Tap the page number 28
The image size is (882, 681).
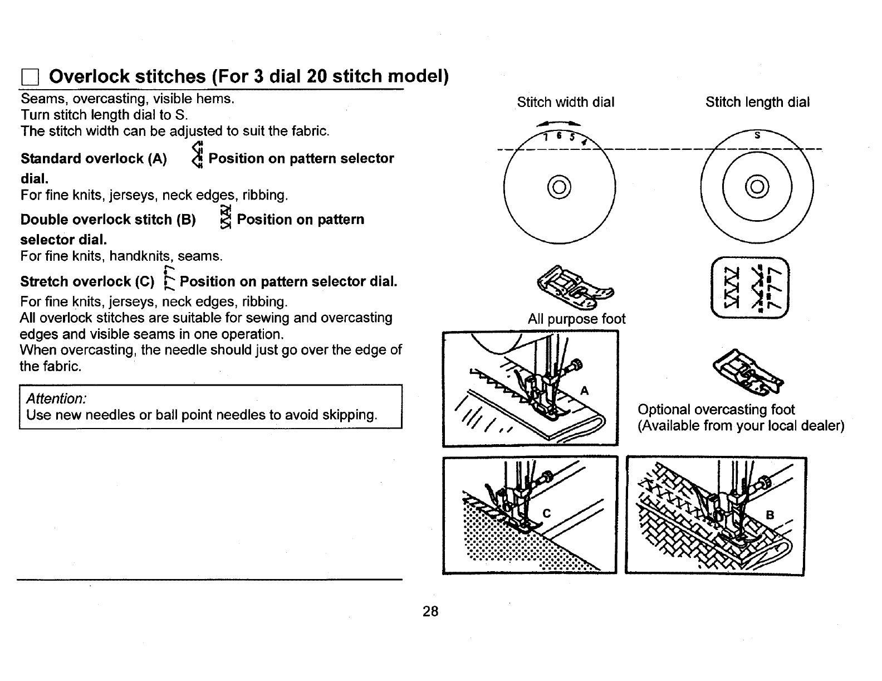[430, 611]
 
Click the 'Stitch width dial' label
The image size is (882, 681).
[565, 102]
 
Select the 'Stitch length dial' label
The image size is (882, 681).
[757, 102]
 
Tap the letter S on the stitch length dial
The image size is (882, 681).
[757, 135]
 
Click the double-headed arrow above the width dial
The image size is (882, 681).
[559, 124]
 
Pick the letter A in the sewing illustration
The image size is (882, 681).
[584, 391]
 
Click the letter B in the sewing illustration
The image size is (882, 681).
[770, 515]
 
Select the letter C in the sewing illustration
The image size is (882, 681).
[546, 513]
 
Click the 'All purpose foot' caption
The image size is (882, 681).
[576, 319]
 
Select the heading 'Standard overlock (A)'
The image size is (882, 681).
[94, 159]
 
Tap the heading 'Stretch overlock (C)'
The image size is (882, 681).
[87, 281]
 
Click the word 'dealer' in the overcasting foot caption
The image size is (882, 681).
[822, 426]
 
